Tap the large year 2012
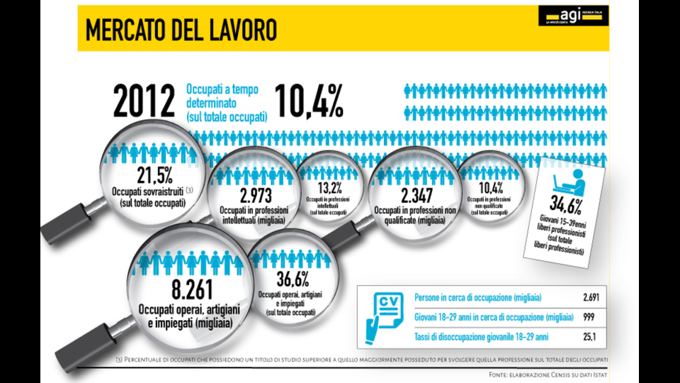click(x=144, y=101)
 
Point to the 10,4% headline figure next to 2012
click(x=308, y=101)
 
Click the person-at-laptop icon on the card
click(x=570, y=181)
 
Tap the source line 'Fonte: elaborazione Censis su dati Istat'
click(x=549, y=374)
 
